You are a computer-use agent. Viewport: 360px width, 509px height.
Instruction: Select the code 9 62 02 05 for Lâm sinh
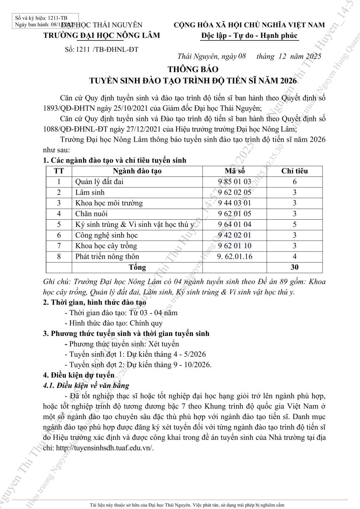[235, 193]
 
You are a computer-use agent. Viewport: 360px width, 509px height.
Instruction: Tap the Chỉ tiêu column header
[295, 171]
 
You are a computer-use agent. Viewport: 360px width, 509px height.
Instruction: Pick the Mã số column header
[235, 171]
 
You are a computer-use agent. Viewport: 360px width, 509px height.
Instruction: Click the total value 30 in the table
[295, 267]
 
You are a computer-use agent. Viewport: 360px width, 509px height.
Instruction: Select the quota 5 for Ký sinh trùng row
[295, 224]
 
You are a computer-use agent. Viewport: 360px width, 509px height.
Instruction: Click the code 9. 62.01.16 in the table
[235, 257]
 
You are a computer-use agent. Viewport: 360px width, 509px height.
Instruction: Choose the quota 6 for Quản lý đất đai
[295, 182]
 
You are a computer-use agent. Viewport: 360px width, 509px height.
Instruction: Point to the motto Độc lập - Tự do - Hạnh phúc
[250, 35]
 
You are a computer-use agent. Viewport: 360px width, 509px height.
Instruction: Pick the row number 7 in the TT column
[59, 246]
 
